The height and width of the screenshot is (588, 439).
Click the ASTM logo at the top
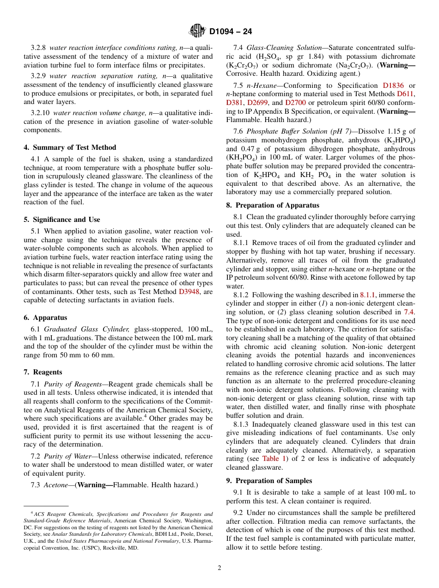coord(197,31)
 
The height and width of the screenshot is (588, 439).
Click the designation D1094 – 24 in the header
coord(231,32)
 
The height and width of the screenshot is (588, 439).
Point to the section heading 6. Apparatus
coord(45,318)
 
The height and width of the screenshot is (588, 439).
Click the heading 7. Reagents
coord(43,372)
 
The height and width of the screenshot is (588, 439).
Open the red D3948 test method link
coord(189,292)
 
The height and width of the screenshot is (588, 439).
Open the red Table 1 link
coord(274,459)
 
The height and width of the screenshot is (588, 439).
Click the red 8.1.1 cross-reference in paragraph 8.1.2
coord(368,295)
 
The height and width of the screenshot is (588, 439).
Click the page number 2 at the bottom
coord(219,568)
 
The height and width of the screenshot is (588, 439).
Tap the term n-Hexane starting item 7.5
coord(260,86)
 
